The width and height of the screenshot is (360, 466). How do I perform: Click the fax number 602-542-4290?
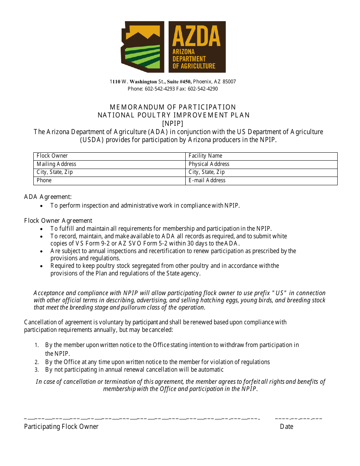pos(203,89)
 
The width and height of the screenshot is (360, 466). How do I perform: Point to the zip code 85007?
pos(229,82)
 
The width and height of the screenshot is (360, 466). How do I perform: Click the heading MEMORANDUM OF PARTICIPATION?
pos(173,107)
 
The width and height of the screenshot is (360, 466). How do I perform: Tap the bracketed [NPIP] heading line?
pos(173,124)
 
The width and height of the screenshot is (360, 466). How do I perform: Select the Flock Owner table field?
pos(110,156)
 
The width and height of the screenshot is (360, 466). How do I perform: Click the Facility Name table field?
pos(261,156)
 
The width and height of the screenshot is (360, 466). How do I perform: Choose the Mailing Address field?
pos(110,164)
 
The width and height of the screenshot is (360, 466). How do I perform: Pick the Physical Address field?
pos(261,164)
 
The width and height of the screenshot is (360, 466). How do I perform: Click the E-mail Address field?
pos(261,181)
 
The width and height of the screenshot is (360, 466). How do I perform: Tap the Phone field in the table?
pos(110,181)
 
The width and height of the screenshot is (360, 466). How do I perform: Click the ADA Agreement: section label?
pos(48,197)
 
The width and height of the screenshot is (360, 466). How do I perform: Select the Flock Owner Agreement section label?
pos(58,221)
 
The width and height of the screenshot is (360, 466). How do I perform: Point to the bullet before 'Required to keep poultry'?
pos(42,266)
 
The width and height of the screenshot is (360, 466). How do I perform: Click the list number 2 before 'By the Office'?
pos(36,363)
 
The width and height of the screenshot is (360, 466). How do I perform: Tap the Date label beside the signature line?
pos(286,427)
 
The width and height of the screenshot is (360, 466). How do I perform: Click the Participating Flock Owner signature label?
pos(61,427)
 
